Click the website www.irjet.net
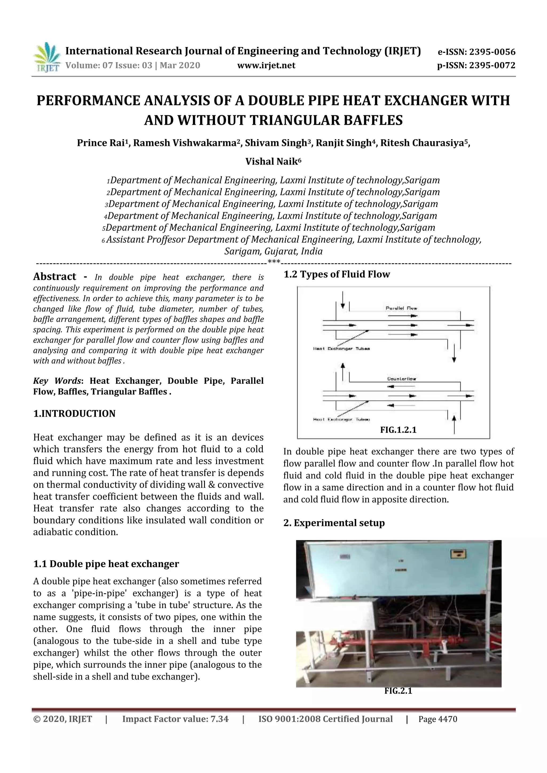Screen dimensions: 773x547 click(x=266, y=65)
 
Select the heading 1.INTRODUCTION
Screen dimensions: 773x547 click(x=74, y=413)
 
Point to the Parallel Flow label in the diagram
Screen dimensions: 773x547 click(x=401, y=308)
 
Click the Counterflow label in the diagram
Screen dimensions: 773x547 click(x=401, y=379)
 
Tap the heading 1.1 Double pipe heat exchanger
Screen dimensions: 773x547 click(x=106, y=564)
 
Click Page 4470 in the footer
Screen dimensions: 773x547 click(x=437, y=719)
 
